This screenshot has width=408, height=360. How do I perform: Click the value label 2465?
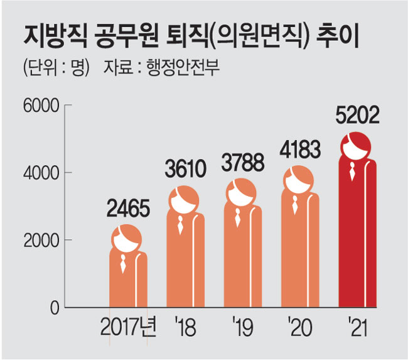129,209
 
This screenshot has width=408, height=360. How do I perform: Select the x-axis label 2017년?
127,327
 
